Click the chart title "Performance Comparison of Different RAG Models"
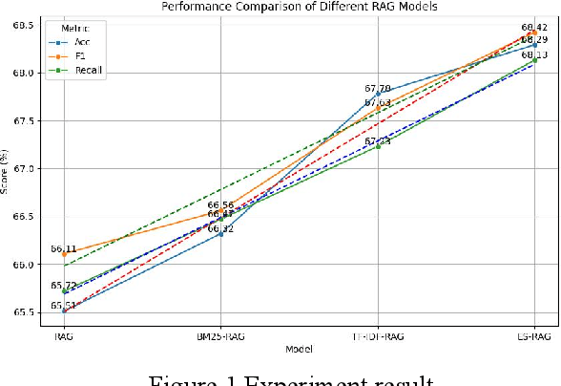[299, 6]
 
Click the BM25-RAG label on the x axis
[221, 335]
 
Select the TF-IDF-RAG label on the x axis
[378, 335]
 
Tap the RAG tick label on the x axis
[64, 335]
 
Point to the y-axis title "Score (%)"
[7, 168]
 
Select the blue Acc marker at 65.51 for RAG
[64, 311]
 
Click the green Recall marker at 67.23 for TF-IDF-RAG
[378, 146]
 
